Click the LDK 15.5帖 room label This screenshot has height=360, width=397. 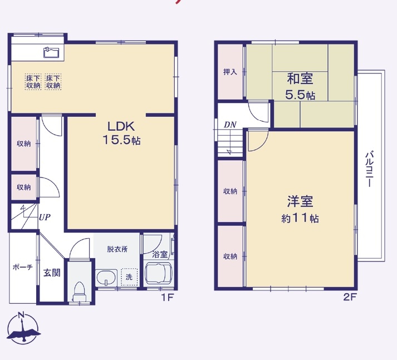click(x=120, y=132)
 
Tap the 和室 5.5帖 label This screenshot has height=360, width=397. click(x=300, y=86)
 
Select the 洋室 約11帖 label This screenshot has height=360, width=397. click(x=300, y=209)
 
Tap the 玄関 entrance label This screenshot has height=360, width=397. click(x=52, y=273)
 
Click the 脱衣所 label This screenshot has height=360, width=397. click(x=117, y=249)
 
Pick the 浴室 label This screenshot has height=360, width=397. click(x=160, y=254)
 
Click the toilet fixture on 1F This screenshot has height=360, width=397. click(x=80, y=288)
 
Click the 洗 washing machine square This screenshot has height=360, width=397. click(x=129, y=277)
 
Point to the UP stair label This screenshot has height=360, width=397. click(x=45, y=218)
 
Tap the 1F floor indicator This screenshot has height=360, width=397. click(x=168, y=297)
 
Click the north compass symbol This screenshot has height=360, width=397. click(x=22, y=328)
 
